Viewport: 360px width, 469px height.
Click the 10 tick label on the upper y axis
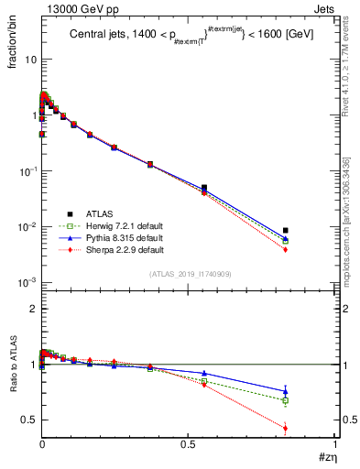tap(30, 59)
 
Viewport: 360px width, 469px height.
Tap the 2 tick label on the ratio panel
tap(33, 309)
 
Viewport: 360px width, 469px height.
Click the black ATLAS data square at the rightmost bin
tap(286, 231)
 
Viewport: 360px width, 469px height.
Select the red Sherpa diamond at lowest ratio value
tap(286, 428)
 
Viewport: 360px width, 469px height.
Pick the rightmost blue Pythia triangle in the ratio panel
tap(286, 391)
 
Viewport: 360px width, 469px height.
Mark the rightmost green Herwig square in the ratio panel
tap(286, 400)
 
